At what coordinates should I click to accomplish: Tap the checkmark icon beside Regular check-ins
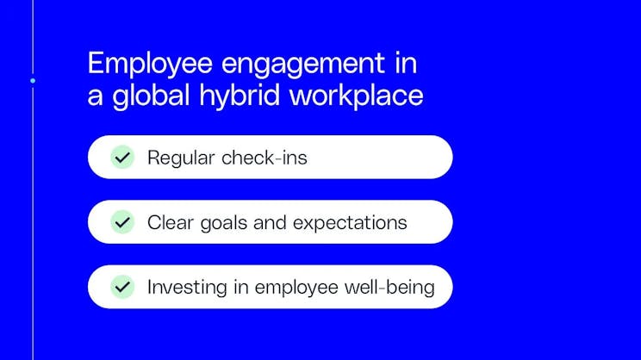122,158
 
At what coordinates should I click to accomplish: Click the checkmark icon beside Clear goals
122,222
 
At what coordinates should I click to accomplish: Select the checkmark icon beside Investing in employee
122,287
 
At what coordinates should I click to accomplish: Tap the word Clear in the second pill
168,222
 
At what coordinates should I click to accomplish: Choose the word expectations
350,223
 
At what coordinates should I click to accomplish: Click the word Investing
184,288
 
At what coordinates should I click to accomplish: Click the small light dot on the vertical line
33,81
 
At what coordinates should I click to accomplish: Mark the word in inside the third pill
237,287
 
